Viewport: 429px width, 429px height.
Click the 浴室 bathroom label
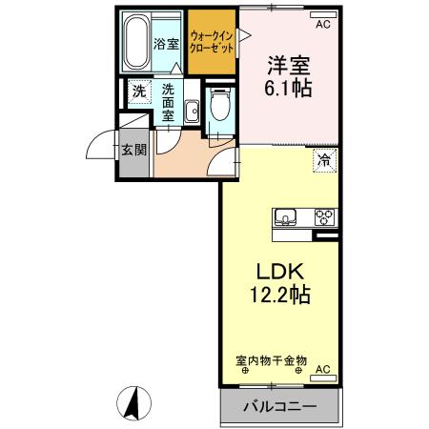tap(167, 43)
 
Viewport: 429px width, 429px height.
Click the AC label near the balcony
tap(322, 369)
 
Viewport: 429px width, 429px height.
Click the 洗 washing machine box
tap(139, 92)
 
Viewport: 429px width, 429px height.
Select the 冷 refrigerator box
tap(325, 160)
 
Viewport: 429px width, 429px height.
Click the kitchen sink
tap(287, 216)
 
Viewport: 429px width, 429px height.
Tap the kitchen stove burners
tap(324, 214)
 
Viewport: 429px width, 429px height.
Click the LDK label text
tap(279, 269)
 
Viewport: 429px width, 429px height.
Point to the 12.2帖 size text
tap(279, 294)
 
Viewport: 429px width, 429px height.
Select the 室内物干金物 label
tap(271, 360)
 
